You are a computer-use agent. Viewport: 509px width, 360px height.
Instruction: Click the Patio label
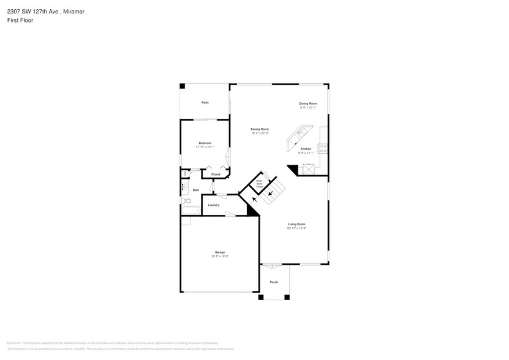pyautogui.click(x=205, y=102)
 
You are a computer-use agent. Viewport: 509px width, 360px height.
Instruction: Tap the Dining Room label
pyautogui.click(x=307, y=103)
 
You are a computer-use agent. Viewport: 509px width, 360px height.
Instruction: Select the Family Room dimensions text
pyautogui.click(x=260, y=133)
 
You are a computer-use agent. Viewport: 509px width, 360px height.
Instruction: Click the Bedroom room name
pyautogui.click(x=205, y=143)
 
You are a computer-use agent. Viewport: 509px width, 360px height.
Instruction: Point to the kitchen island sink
pyautogui.click(x=300, y=132)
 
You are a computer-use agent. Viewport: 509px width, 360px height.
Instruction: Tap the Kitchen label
pyautogui.click(x=305, y=149)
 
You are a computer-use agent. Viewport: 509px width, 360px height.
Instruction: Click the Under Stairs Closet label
pyautogui.click(x=259, y=183)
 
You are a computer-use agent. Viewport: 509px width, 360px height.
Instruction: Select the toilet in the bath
pyautogui.click(x=183, y=200)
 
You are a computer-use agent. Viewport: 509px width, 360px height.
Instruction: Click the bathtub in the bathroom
pyautogui.click(x=190, y=211)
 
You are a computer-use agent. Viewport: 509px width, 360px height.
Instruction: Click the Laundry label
pyautogui.click(x=214, y=205)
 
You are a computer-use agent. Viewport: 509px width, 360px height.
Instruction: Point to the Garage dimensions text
pyautogui.click(x=219, y=256)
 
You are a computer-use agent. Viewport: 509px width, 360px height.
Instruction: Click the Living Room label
pyautogui.click(x=296, y=224)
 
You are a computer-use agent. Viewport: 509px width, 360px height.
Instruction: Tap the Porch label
pyautogui.click(x=274, y=282)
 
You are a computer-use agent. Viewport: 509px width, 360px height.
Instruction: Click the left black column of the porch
pyautogui.click(x=260, y=297)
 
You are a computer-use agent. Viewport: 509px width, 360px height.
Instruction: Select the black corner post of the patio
pyautogui.click(x=183, y=86)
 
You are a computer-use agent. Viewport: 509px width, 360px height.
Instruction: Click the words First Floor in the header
pyautogui.click(x=20, y=20)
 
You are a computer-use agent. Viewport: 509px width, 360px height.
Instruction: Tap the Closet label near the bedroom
pyautogui.click(x=216, y=174)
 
